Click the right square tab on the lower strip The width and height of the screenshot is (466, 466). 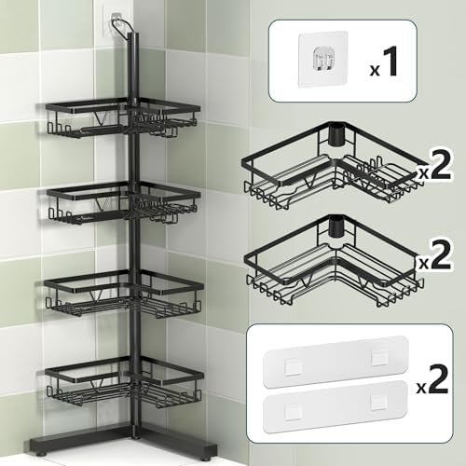[x=378, y=401]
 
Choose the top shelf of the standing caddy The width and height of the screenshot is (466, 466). [x=121, y=121]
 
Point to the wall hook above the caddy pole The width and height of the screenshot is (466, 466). [x=116, y=21]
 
